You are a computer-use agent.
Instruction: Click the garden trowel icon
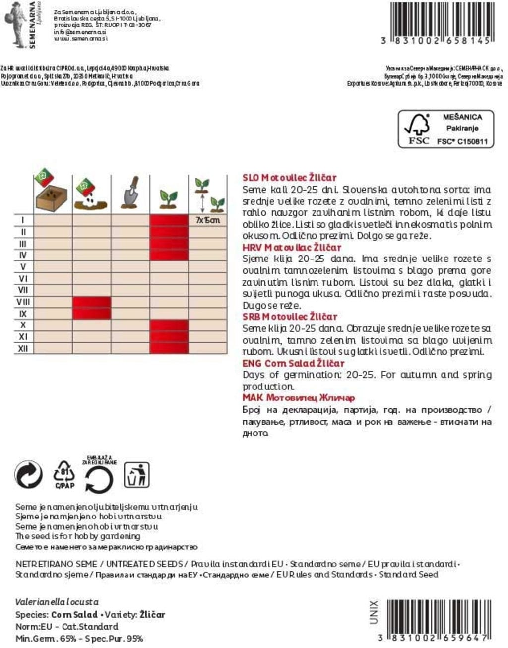(x=130, y=193)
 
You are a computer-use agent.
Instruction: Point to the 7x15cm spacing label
(x=208, y=220)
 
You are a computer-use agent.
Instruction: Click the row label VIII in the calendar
(x=23, y=302)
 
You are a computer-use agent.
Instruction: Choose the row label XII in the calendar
(x=23, y=348)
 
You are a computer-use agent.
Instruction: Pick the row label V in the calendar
(x=23, y=267)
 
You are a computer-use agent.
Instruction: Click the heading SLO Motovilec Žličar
(x=289, y=178)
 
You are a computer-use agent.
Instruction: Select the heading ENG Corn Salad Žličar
(x=293, y=363)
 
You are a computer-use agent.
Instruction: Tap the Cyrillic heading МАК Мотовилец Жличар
(x=299, y=398)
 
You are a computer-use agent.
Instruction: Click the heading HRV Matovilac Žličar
(x=292, y=247)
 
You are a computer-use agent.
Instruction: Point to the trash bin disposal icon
(x=136, y=475)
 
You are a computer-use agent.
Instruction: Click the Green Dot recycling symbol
(x=29, y=475)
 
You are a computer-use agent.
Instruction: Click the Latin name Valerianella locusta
(x=57, y=602)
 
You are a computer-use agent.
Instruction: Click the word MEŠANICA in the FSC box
(x=462, y=117)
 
